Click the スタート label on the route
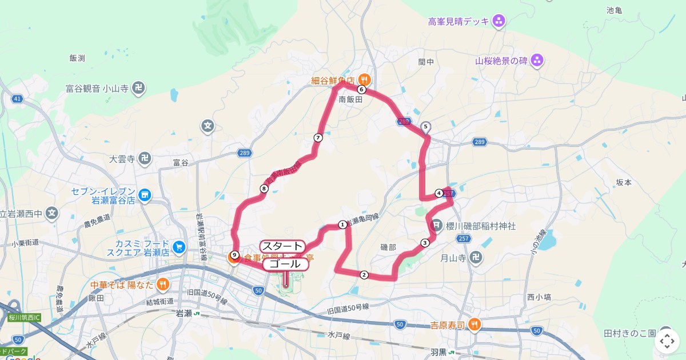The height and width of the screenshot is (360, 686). coord(282,246)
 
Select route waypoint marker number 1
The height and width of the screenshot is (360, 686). coord(342,225)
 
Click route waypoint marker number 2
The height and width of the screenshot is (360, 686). coord(364,275)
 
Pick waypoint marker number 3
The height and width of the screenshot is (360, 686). coord(425,243)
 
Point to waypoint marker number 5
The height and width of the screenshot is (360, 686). coord(425,126)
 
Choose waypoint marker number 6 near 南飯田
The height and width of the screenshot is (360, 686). coord(361,89)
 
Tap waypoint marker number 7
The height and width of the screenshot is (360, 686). coord(318,138)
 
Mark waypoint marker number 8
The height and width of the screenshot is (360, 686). coord(264,189)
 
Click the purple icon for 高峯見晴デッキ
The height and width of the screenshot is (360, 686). coord(499,22)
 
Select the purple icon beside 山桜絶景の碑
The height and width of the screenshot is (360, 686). coord(537,60)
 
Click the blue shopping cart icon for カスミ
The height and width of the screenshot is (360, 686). coord(180,247)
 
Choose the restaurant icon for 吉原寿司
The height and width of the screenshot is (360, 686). coord(474,325)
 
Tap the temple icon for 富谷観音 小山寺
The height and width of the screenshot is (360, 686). coord(138,88)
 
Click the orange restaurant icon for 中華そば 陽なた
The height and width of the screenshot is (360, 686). coord(163,283)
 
